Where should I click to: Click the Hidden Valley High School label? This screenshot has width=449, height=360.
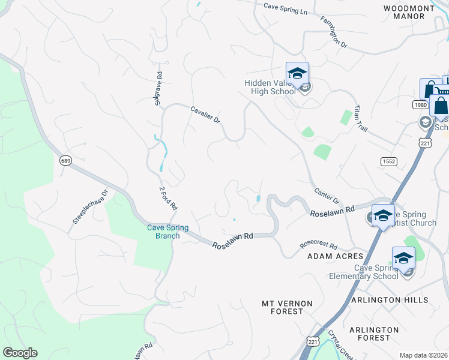click(x=270, y=87)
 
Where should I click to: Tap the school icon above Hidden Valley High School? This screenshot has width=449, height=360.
click(x=297, y=73)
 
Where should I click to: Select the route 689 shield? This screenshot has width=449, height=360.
click(x=65, y=160)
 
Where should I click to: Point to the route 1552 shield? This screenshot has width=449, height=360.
click(x=388, y=161)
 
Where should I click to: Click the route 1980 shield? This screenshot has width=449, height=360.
click(x=419, y=104)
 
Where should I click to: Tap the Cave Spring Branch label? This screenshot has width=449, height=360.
click(x=168, y=232)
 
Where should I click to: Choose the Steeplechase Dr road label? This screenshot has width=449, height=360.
click(x=89, y=207)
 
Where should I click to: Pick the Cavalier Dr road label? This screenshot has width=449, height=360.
click(x=205, y=115)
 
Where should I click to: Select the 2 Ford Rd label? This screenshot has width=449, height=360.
click(x=168, y=198)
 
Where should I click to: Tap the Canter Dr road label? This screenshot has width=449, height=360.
click(x=327, y=194)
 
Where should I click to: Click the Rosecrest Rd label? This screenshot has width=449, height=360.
click(x=319, y=247)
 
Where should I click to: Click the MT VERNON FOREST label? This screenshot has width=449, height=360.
click(x=287, y=307)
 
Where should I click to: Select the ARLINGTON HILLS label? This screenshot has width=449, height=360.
click(x=398, y=300)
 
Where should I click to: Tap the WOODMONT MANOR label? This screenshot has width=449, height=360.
click(x=408, y=11)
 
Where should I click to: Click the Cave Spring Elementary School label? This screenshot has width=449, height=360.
click(x=364, y=272)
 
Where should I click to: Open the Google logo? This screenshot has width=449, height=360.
click(x=20, y=353)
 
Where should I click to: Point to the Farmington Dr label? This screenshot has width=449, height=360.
click(x=334, y=35)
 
